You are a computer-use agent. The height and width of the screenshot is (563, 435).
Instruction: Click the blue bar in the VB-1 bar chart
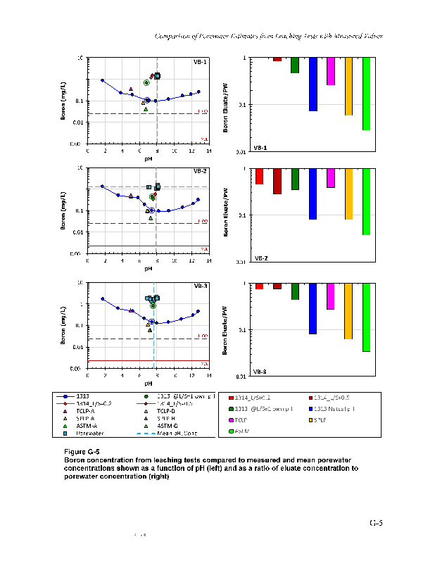[313, 84]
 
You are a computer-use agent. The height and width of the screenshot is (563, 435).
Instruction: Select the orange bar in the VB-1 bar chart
[348, 87]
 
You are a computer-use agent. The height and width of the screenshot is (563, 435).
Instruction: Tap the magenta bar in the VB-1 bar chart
[331, 71]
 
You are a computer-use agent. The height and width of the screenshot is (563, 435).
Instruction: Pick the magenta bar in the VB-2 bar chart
[331, 178]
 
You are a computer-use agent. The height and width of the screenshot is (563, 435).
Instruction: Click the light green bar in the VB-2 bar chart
[367, 201]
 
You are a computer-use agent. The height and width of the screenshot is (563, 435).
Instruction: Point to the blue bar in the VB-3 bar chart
[313, 308]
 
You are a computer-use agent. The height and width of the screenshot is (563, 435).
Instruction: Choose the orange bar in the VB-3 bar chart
[348, 311]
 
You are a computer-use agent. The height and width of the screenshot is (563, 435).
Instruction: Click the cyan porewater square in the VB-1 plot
[157, 75]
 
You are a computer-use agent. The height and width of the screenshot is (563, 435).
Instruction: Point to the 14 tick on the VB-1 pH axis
[209, 151]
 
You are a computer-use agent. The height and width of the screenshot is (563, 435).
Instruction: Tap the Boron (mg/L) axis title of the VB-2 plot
[62, 210]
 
